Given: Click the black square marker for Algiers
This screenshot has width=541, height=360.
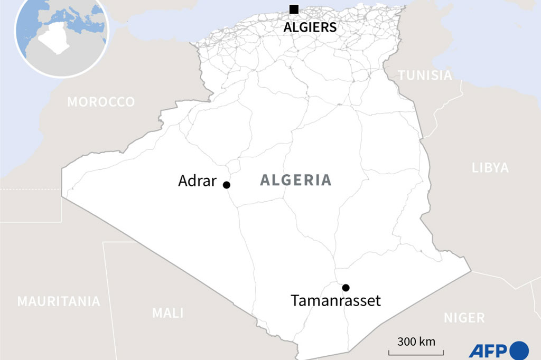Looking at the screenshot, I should [x=294, y=9].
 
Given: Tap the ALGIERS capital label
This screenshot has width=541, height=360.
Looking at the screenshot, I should [x=310, y=27].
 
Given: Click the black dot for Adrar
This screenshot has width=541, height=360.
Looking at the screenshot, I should [x=227, y=185].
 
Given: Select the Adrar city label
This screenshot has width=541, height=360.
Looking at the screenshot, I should [x=197, y=181].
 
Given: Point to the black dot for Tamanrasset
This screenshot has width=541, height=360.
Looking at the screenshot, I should [x=346, y=288].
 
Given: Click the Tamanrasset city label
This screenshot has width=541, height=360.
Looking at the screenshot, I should [x=335, y=301].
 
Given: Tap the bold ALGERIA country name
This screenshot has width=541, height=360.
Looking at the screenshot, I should [x=296, y=181].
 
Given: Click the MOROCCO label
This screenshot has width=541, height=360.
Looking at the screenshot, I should [x=101, y=102].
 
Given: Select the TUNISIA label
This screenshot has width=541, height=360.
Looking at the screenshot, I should [x=425, y=75].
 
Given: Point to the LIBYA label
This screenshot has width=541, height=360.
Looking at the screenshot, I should [x=490, y=168].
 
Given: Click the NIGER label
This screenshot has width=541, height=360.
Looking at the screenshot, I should [x=464, y=318].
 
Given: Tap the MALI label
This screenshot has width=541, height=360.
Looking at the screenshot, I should [x=168, y=313].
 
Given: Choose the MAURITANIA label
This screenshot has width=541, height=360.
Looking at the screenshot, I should [x=59, y=301].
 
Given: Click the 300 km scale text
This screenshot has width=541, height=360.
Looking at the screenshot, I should [x=416, y=341].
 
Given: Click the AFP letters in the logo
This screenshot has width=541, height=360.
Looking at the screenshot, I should [x=487, y=350].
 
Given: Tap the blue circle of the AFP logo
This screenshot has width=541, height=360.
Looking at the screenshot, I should [x=519, y=350].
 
